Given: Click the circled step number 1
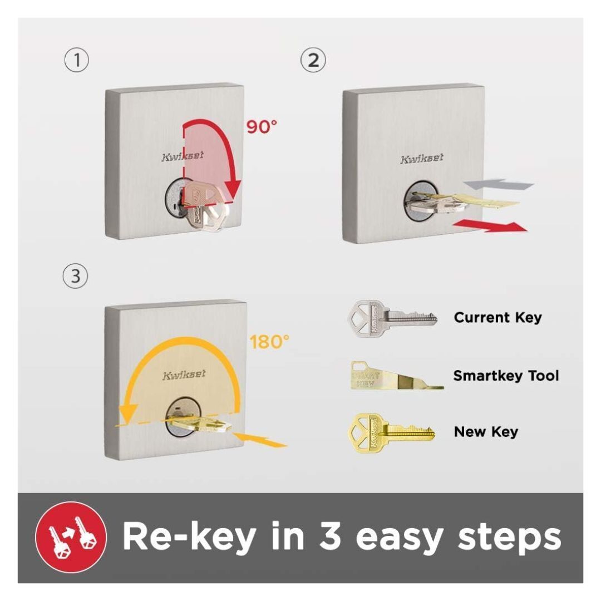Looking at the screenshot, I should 78,60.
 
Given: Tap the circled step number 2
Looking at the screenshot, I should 313,60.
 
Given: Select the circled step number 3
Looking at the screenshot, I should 78,277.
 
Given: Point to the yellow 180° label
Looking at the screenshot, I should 269,342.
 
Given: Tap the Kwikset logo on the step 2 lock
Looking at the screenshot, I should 422,159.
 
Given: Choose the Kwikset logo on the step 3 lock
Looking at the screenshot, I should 184,375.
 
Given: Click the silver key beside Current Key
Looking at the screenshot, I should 392,318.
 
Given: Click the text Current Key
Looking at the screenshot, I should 497,318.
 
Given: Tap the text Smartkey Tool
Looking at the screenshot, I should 506,376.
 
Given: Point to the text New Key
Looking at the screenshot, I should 486,432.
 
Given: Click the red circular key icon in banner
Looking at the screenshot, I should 71,537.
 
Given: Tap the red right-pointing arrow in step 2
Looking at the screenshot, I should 490,226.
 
